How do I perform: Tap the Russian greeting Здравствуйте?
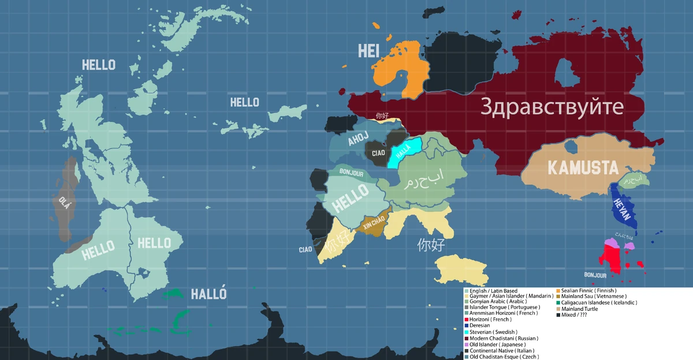click(x=552, y=107)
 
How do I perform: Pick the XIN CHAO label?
click(x=374, y=223)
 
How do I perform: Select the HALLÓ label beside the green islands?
click(x=208, y=294)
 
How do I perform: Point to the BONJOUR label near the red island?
click(x=595, y=275)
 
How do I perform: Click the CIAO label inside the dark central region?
click(x=378, y=153)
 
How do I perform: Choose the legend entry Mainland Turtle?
click(x=579, y=309)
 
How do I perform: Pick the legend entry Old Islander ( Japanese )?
click(x=497, y=344)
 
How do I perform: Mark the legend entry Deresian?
click(x=480, y=326)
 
